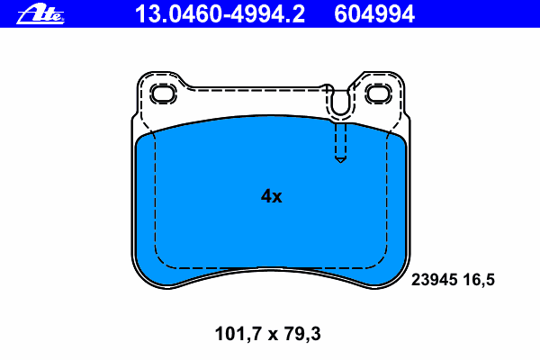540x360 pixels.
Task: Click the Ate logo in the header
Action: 40,14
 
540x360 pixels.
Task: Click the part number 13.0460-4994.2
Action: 220,14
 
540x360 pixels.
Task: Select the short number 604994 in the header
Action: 374,14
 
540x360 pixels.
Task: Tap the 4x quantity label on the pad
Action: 272,196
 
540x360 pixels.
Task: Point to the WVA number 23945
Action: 435,279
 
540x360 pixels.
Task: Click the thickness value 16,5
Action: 479,280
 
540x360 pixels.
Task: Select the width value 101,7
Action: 237,334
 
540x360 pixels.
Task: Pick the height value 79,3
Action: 302,334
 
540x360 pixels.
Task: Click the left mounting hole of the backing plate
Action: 163,94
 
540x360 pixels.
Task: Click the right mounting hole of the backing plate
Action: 379,94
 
